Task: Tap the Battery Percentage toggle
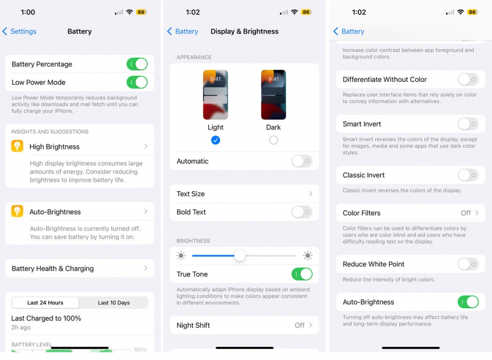coord(137,64)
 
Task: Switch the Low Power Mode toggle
coord(137,83)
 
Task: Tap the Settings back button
coord(20,32)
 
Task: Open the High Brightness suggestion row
coord(80,147)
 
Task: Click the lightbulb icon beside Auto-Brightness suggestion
coord(17,212)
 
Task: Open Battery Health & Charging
coord(80,269)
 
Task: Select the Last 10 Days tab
coord(113,303)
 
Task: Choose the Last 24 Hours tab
coord(45,303)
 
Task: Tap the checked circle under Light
coord(216,140)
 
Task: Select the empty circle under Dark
coord(273,140)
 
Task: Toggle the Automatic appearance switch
coord(302,161)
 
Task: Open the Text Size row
coord(244,194)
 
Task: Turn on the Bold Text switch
coord(302,212)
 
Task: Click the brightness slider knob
coord(240,256)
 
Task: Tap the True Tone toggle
coord(302,275)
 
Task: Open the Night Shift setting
coord(244,325)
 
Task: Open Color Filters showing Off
coord(410,213)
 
